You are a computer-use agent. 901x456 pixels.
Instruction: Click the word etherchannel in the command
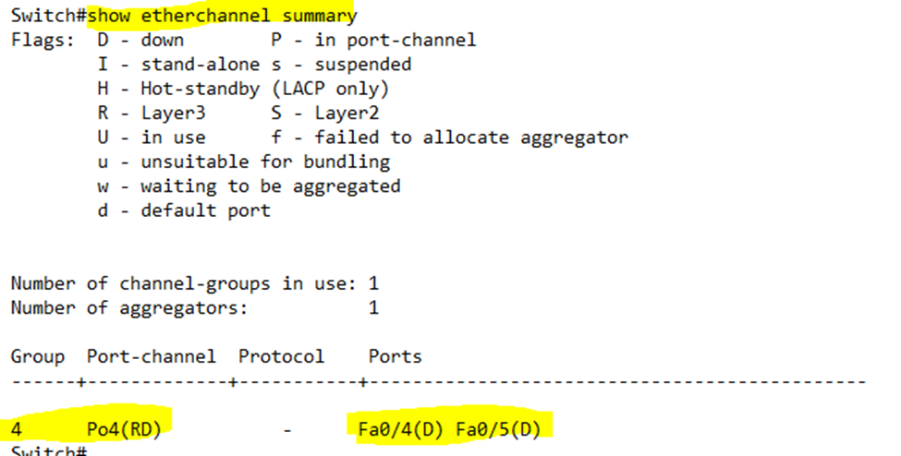[x=205, y=15]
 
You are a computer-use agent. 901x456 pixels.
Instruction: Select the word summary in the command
[x=320, y=17]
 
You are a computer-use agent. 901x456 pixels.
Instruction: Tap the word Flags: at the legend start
[x=43, y=41]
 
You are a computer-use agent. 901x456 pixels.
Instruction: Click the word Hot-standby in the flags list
[x=200, y=90]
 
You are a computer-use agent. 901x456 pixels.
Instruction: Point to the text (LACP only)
[x=331, y=89]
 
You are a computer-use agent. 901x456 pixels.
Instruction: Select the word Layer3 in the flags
[x=173, y=114]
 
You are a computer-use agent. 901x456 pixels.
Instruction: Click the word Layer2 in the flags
[x=347, y=114]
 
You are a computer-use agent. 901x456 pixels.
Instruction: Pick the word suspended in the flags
[x=362, y=65]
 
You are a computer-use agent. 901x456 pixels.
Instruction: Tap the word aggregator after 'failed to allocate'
[x=574, y=138]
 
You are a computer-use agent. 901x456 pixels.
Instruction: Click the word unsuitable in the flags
[x=195, y=162]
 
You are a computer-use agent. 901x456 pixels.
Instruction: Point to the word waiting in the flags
[x=178, y=186]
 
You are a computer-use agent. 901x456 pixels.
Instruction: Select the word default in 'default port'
[x=178, y=210]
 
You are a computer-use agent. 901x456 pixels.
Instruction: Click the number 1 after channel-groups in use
[x=373, y=283]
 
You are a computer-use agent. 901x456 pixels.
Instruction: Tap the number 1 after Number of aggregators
[x=373, y=307]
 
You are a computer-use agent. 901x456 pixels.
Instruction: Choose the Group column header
[x=37, y=357]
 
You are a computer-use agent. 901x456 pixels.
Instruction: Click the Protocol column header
[x=281, y=356]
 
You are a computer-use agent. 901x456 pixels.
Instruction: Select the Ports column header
[x=396, y=356]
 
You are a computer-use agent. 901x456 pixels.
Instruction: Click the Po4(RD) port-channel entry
[x=124, y=429]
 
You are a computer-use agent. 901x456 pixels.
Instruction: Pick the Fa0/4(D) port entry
[x=401, y=429]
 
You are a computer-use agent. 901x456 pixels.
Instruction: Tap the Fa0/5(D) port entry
[x=499, y=429]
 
